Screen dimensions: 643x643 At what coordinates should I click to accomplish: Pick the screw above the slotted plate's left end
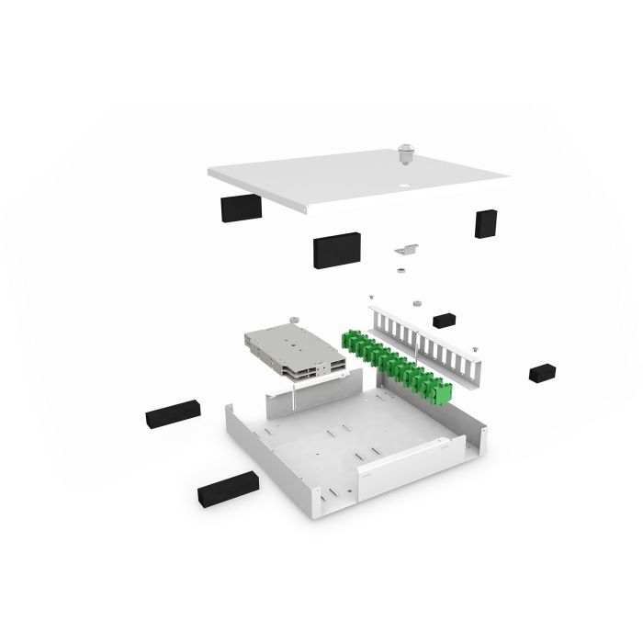[369, 299]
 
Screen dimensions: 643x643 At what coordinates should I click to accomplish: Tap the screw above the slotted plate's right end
[476, 348]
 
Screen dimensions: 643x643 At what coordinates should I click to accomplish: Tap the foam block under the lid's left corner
[241, 207]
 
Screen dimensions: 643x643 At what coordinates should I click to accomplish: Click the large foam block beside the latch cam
[337, 248]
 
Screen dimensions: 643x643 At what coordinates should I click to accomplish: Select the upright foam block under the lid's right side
[485, 223]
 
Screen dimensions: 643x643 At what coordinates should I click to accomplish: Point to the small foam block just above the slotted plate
[445, 321]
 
